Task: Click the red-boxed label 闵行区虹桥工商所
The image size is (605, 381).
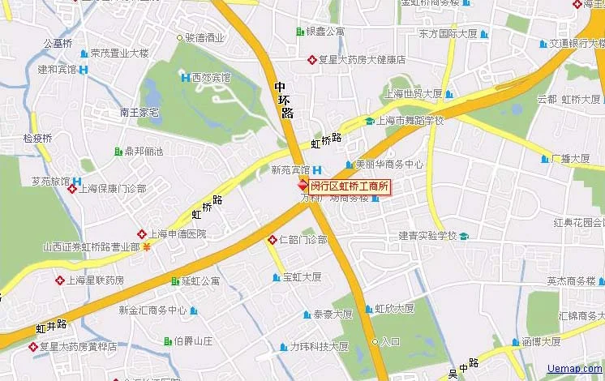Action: tap(350, 186)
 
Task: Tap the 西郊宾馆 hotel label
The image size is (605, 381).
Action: tap(211, 78)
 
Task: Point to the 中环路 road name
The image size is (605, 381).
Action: tap(283, 100)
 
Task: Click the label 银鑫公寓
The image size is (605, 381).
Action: tap(324, 32)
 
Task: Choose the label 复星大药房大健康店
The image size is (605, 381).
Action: tap(361, 59)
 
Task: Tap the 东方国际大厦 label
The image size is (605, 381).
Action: tap(448, 34)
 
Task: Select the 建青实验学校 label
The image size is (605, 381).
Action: tap(427, 236)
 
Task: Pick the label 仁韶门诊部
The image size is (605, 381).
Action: tap(302, 240)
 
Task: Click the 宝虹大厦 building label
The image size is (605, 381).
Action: tap(302, 277)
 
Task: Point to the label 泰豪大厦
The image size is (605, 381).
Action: tap(333, 314)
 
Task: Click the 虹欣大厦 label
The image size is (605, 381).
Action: tap(394, 309)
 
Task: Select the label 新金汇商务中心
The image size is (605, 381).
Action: tap(152, 310)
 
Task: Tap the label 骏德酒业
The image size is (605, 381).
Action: tap(204, 37)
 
